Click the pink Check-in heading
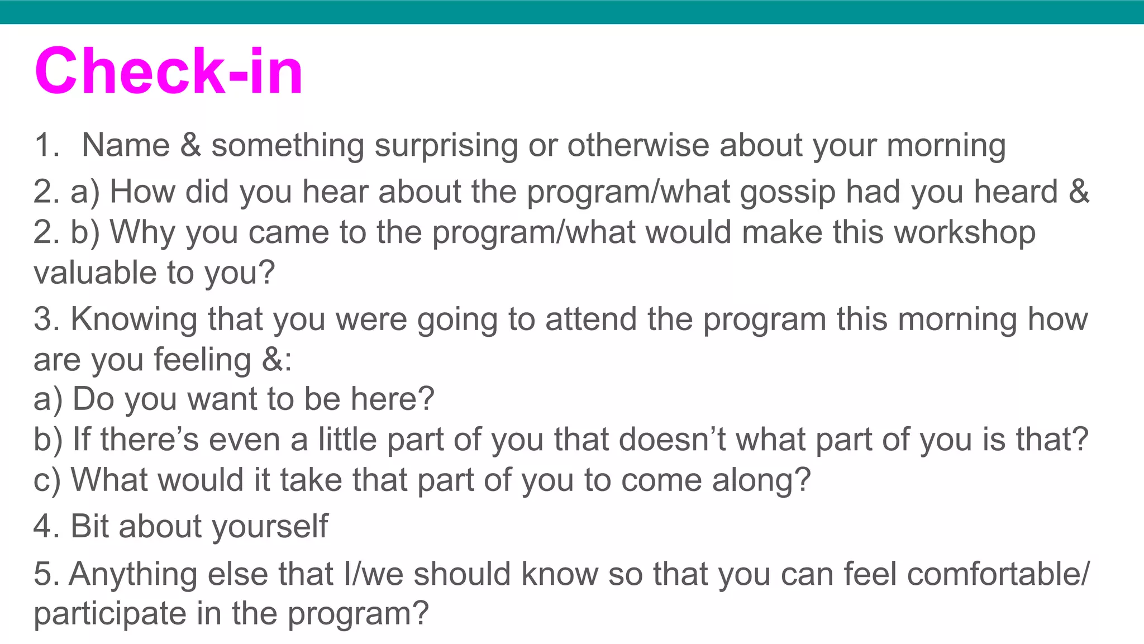click(169, 71)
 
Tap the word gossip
click(788, 193)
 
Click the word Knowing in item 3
click(134, 320)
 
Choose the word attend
click(590, 319)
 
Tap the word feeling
click(202, 360)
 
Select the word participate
click(109, 614)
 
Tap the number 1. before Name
click(47, 146)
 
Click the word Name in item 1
click(126, 146)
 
